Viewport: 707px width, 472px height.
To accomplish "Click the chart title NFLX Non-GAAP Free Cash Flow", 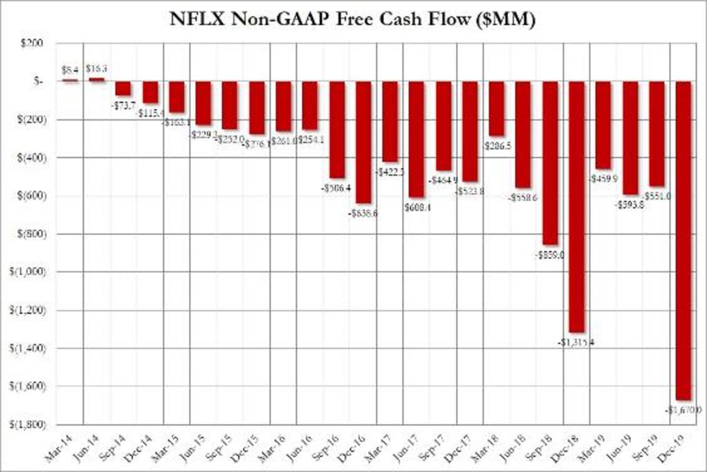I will [353, 19].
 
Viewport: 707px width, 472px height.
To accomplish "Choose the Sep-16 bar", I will [337, 130].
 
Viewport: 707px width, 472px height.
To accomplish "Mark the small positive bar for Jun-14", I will [97, 79].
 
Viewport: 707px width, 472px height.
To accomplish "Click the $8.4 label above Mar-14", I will [70, 69].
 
